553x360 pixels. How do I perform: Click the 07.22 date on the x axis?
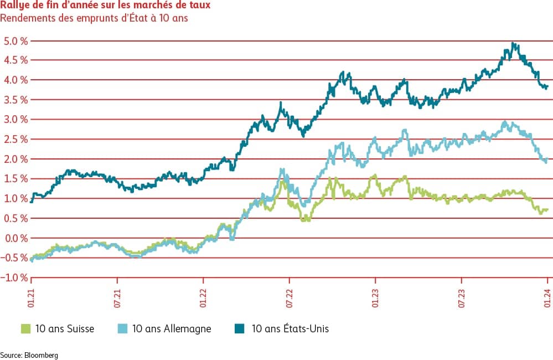coord(290,294)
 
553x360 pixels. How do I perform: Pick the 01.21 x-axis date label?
coord(32,294)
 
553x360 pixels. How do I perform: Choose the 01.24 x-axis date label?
coord(547,294)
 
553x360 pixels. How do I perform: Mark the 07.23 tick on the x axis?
coord(462,294)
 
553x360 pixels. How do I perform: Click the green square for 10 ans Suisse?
coord(25,328)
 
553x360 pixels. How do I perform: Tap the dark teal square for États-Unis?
coord(240,328)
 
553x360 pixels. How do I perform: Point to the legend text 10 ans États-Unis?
coord(290,328)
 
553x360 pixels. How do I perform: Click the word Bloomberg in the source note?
coord(40,354)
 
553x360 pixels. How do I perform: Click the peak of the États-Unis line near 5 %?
coord(513,43)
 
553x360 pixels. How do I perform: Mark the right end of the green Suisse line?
coord(547,209)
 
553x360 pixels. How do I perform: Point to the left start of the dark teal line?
coord(32,201)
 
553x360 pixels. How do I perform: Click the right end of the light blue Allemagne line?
coord(547,160)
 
